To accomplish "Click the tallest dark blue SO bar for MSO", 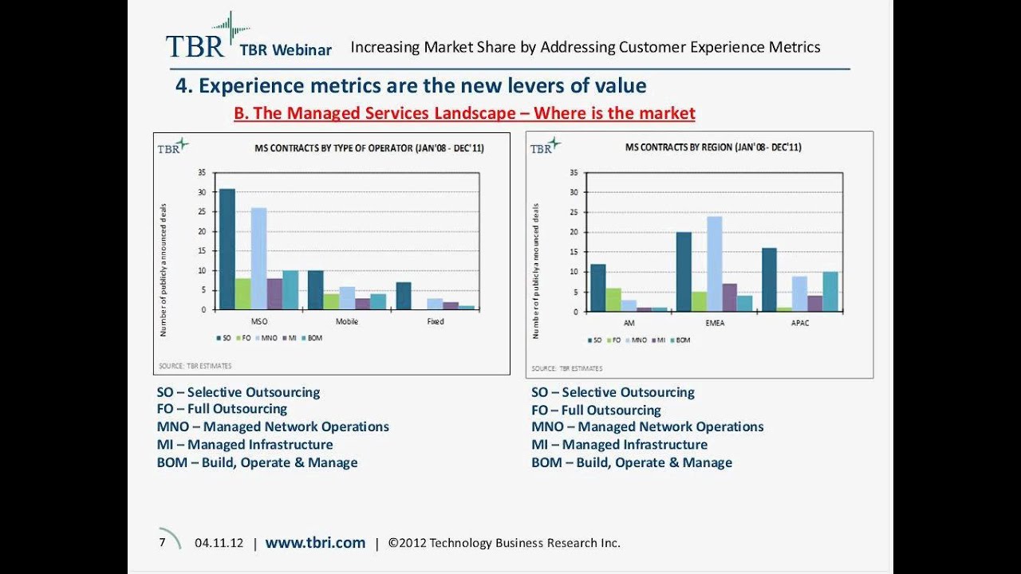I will coord(227,249).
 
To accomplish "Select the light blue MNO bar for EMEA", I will coord(714,264).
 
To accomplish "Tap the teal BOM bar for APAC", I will coord(830,292).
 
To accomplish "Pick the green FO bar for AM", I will coord(613,300).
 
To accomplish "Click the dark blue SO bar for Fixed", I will coord(404,296).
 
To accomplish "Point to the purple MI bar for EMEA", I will coord(729,297).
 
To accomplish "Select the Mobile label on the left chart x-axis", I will coord(347,321).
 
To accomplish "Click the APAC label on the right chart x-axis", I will coord(800,324).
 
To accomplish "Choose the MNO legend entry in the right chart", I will coord(637,340).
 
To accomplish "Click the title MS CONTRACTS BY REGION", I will coord(713,147).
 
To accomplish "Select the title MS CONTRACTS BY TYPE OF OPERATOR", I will coord(369,148).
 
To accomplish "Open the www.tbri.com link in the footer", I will coord(315,543).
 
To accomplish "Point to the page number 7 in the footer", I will coord(162,542).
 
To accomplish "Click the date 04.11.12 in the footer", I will coord(219,543).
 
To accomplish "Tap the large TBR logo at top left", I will coord(195,45).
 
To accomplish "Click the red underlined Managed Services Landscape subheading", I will coord(464,113).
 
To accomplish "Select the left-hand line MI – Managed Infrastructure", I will coord(245,445).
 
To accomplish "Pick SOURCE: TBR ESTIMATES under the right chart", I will coord(567,368).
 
